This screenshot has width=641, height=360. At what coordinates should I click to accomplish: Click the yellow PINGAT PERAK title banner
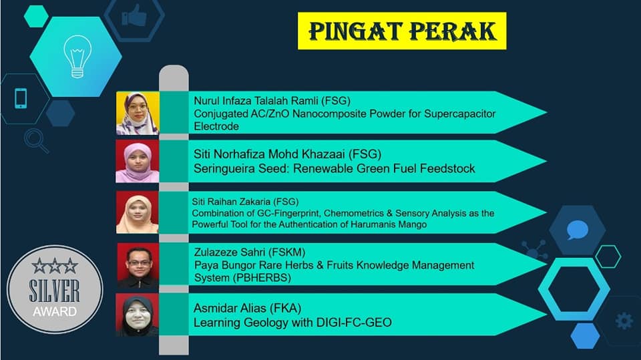click(x=402, y=31)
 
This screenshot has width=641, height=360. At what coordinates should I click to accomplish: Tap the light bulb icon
click(x=77, y=57)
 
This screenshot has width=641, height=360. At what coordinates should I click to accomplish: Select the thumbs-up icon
click(x=134, y=17)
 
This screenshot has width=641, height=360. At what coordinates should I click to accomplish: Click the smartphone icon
click(x=21, y=99)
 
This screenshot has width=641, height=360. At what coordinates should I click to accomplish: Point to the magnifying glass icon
click(x=36, y=141)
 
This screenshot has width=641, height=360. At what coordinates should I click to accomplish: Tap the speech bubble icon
click(x=577, y=230)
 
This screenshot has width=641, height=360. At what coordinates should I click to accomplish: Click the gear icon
click(x=624, y=321)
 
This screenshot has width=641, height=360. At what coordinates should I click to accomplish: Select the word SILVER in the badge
click(x=54, y=291)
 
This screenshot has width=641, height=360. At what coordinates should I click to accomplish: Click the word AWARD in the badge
click(x=55, y=312)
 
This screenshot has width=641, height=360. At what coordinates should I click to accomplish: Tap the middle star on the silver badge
click(x=55, y=266)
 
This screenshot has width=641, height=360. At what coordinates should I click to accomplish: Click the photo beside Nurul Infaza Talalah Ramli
click(x=138, y=114)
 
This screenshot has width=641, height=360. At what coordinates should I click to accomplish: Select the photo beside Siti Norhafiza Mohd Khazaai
click(x=138, y=161)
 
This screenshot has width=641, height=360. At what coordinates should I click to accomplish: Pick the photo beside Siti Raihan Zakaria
click(x=138, y=212)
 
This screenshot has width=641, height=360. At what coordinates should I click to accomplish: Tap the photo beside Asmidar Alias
click(x=137, y=315)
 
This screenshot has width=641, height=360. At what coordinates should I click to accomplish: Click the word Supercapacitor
click(x=460, y=114)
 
